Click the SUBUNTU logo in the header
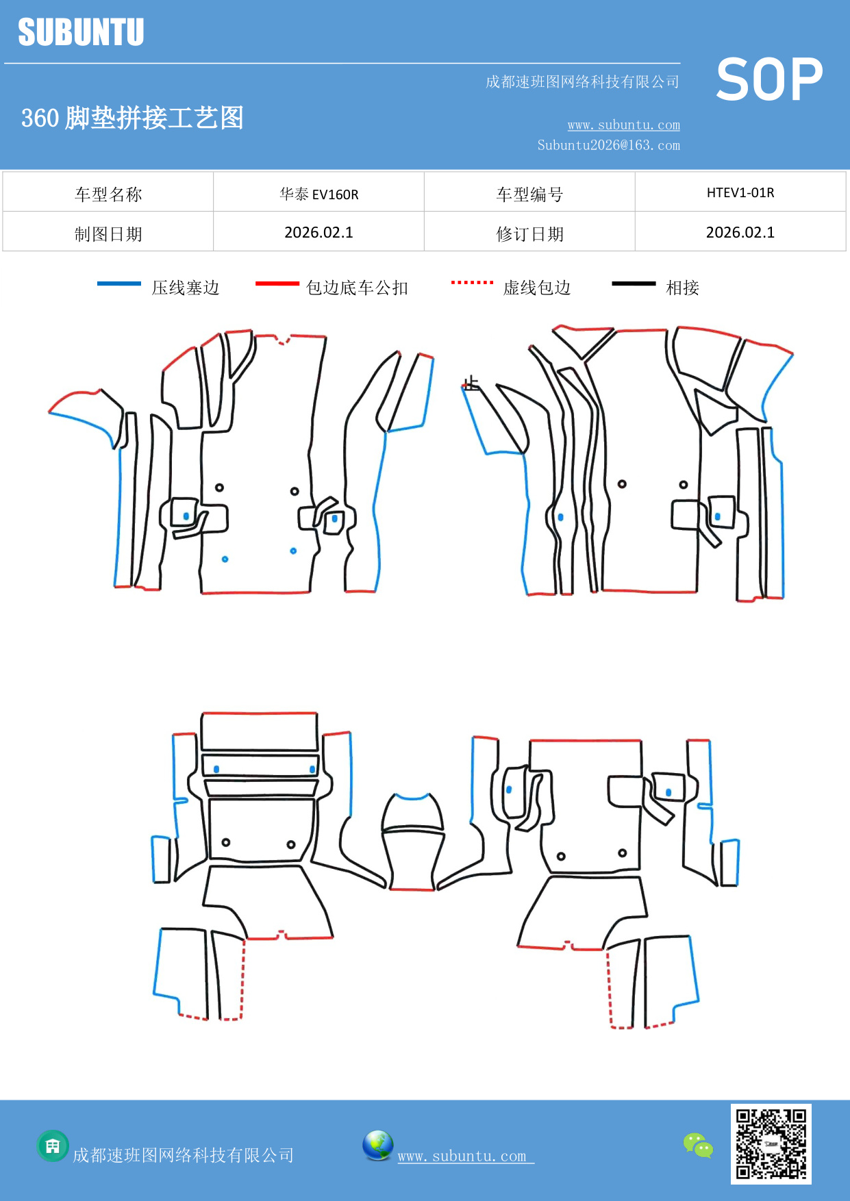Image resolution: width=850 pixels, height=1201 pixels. click(81, 32)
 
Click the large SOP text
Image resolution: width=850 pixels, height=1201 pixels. click(769, 80)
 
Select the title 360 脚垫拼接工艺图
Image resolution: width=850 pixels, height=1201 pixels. click(132, 118)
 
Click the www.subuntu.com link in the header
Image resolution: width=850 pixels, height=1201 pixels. click(623, 125)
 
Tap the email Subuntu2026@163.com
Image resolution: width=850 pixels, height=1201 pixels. click(608, 145)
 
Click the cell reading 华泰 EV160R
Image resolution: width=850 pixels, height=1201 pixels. click(318, 194)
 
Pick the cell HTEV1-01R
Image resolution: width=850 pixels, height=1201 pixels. click(740, 192)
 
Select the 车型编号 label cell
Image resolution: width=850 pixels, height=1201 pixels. click(529, 194)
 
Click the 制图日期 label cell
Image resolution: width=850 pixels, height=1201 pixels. click(108, 234)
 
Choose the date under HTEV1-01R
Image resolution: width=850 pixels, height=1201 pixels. click(740, 232)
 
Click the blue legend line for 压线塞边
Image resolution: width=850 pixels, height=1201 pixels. click(118, 283)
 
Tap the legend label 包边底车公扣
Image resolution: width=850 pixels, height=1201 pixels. click(357, 288)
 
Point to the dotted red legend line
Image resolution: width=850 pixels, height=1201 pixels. click(472, 282)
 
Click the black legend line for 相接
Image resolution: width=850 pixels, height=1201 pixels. click(634, 283)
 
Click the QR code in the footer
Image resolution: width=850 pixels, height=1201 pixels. click(771, 1143)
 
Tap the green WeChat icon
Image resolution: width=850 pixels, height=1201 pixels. click(698, 1146)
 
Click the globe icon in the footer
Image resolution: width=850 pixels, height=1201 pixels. click(377, 1146)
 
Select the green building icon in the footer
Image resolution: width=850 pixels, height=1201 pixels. click(53, 1146)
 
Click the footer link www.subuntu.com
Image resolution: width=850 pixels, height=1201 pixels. click(462, 1156)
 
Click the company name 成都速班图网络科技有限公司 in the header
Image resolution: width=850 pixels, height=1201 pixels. click(582, 82)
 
